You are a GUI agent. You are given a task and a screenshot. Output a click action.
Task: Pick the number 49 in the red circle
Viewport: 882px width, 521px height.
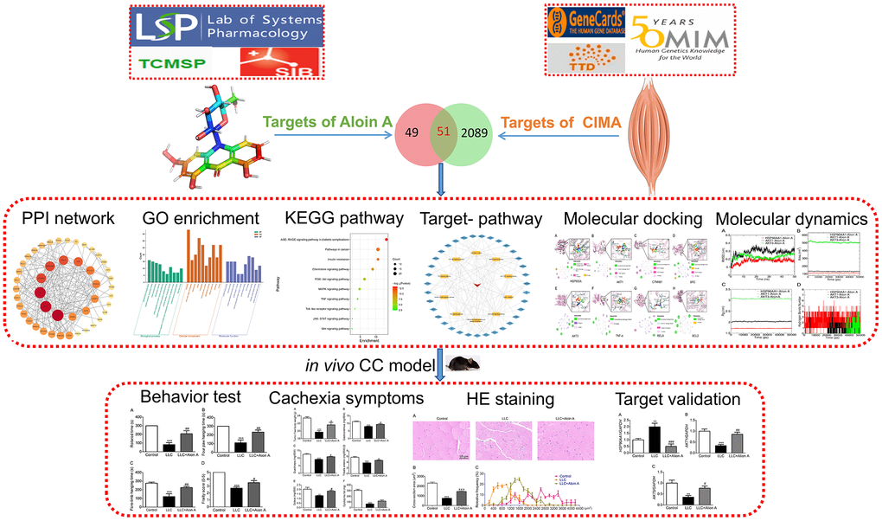pyautogui.click(x=412, y=132)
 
